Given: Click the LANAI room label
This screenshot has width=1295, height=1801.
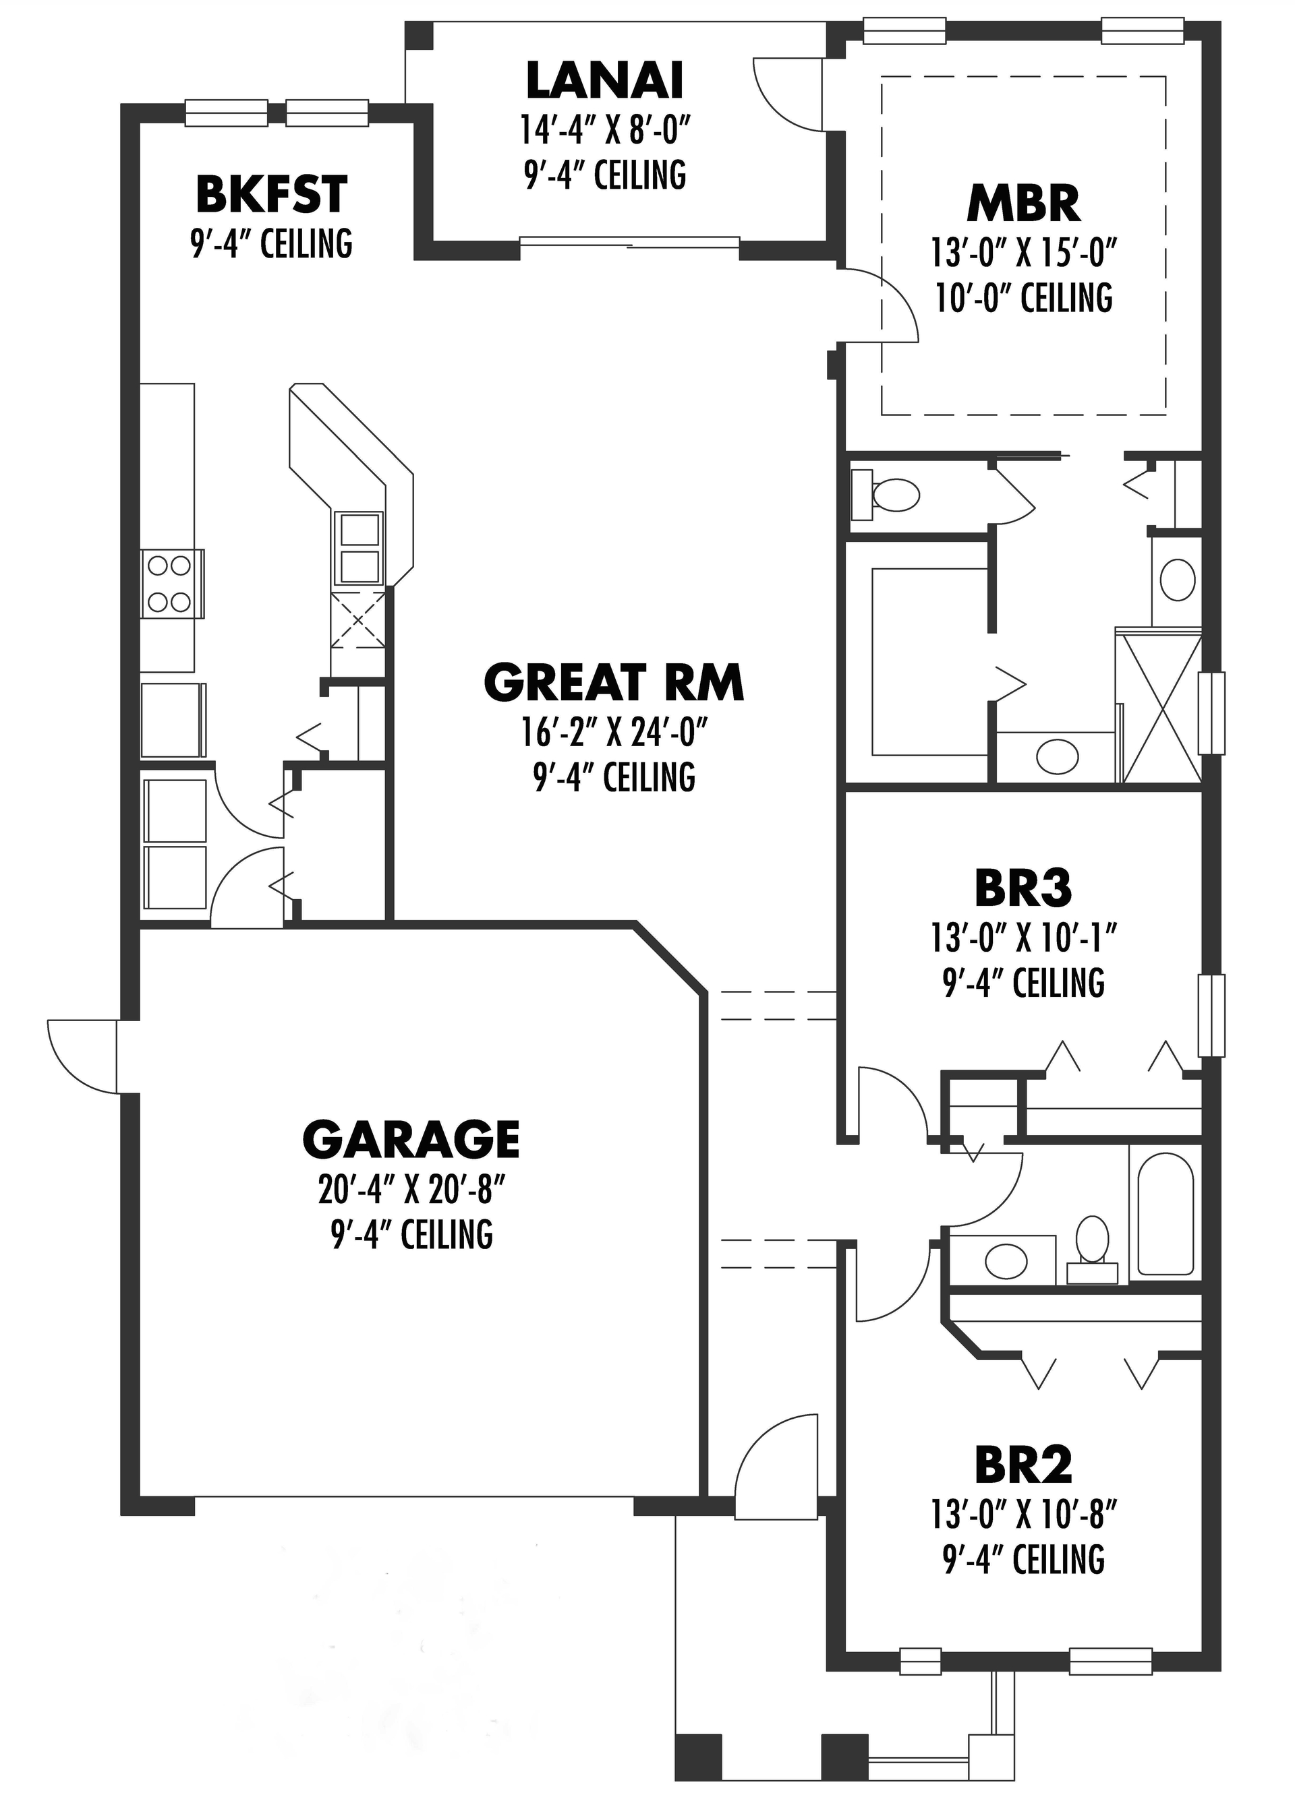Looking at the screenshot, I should point(604,80).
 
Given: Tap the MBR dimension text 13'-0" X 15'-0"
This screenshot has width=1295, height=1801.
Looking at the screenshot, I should point(1023,255).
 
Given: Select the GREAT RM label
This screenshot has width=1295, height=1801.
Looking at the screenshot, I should point(613,683).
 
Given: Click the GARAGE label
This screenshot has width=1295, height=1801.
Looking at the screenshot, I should point(411,1140).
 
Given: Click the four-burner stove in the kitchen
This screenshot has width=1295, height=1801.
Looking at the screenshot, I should point(169,584).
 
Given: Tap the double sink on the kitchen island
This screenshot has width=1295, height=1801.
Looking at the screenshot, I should point(358,547).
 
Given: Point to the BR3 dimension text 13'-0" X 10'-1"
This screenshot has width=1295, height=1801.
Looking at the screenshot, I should point(1023,940).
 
